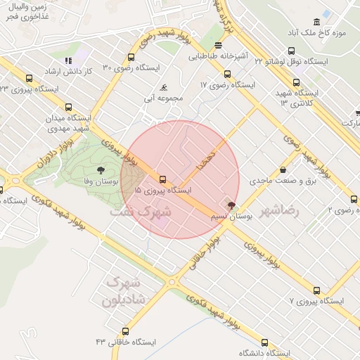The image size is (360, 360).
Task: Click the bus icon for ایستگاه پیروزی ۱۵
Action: tap(163, 179)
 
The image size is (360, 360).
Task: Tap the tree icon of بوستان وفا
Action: tap(101, 169)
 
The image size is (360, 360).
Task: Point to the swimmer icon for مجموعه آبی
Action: tap(163, 88)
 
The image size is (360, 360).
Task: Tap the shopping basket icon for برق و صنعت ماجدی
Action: tap(283, 169)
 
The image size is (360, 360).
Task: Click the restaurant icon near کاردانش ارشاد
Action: tap(68, 61)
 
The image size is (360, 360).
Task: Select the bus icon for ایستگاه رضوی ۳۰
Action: tap(131, 58)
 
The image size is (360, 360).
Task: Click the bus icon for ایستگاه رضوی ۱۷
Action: tap(227, 74)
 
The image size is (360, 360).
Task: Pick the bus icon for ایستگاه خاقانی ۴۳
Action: tap(126, 331)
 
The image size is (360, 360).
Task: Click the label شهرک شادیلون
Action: tap(124, 291)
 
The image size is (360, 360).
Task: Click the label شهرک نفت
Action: tap(141, 210)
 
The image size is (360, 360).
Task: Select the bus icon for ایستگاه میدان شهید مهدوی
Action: tap(68, 108)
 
